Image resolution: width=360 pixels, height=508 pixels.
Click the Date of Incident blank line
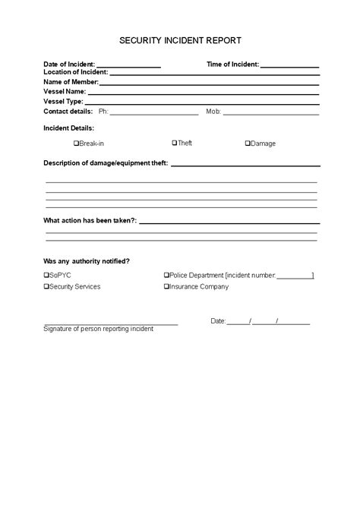(x=128, y=66)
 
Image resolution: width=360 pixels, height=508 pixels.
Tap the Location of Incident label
(x=76, y=73)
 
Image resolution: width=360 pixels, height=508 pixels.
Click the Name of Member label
(x=71, y=82)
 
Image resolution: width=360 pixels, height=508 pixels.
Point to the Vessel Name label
(x=64, y=91)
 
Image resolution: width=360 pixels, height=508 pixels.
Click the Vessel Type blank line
(x=201, y=103)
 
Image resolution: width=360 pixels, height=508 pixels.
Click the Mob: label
(x=213, y=111)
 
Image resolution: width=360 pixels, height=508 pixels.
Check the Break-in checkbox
(x=76, y=144)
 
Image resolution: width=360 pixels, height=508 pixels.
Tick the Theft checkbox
(x=174, y=143)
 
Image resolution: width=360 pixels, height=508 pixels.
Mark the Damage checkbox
(x=247, y=144)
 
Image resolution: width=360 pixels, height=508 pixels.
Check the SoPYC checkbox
(x=46, y=275)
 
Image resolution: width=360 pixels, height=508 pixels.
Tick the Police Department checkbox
(x=166, y=275)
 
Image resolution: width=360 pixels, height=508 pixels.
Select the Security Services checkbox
(x=46, y=287)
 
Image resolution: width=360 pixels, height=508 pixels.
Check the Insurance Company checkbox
(x=166, y=287)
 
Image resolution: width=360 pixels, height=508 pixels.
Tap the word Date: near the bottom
(x=218, y=322)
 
